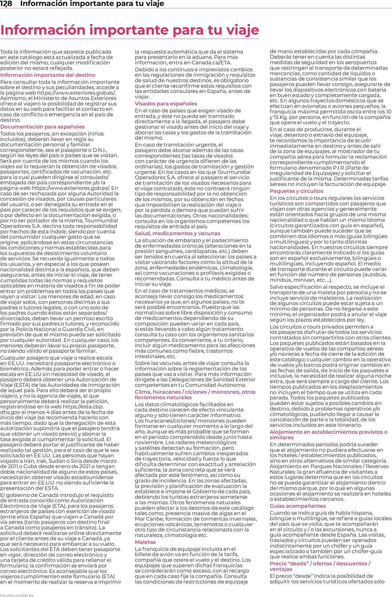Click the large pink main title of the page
tap(130, 30)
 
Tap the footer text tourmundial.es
tap(17, 595)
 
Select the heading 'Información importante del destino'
tap(48, 75)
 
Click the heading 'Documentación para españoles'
tap(42, 127)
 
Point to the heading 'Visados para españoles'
tap(166, 104)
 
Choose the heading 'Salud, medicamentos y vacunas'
tap(177, 233)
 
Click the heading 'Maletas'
tap(145, 542)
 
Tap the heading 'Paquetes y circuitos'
tap(296, 191)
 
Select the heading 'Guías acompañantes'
tap(297, 506)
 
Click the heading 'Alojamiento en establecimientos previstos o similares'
tap(328, 435)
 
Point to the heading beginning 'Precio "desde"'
tap(320, 566)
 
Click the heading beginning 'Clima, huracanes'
tap(195, 395)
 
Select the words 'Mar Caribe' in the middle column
tap(148, 519)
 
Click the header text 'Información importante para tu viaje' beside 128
tap(92, 4)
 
